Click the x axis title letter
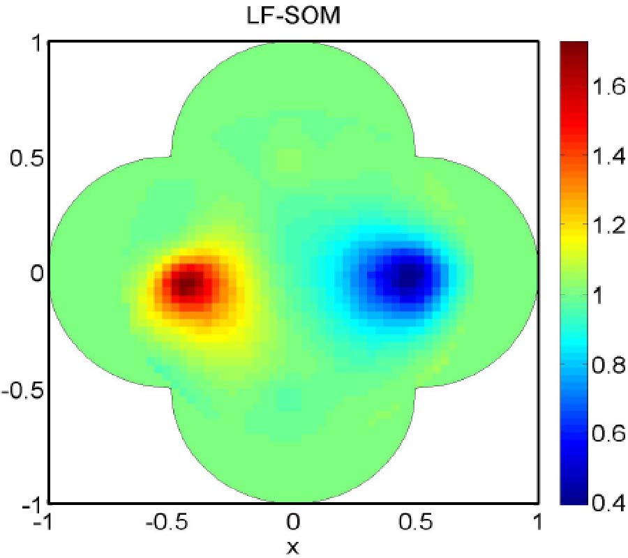pos(293,547)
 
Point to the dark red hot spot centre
pos(187,284)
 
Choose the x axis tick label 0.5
pos(414,522)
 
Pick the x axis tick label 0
pos(293,522)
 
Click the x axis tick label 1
pos(537,522)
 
